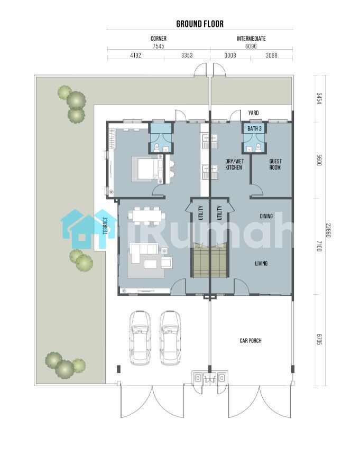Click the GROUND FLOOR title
[x=200, y=24]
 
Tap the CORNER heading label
[x=159, y=39]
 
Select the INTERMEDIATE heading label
[x=251, y=39]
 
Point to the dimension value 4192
[x=135, y=55]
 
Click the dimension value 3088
[x=272, y=55]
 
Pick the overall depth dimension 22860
[x=328, y=230]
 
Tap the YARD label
[x=253, y=113]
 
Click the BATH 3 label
[x=254, y=128]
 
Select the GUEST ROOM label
[x=275, y=164]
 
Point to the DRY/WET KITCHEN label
[x=234, y=164]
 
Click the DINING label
[x=266, y=216]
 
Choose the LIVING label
[x=261, y=264]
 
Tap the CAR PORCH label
[x=251, y=341]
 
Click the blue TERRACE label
[x=106, y=225]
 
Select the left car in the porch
[x=140, y=338]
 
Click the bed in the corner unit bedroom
[x=148, y=169]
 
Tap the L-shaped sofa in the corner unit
[x=143, y=253]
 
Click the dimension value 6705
[x=319, y=339]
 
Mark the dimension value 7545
[x=159, y=46]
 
